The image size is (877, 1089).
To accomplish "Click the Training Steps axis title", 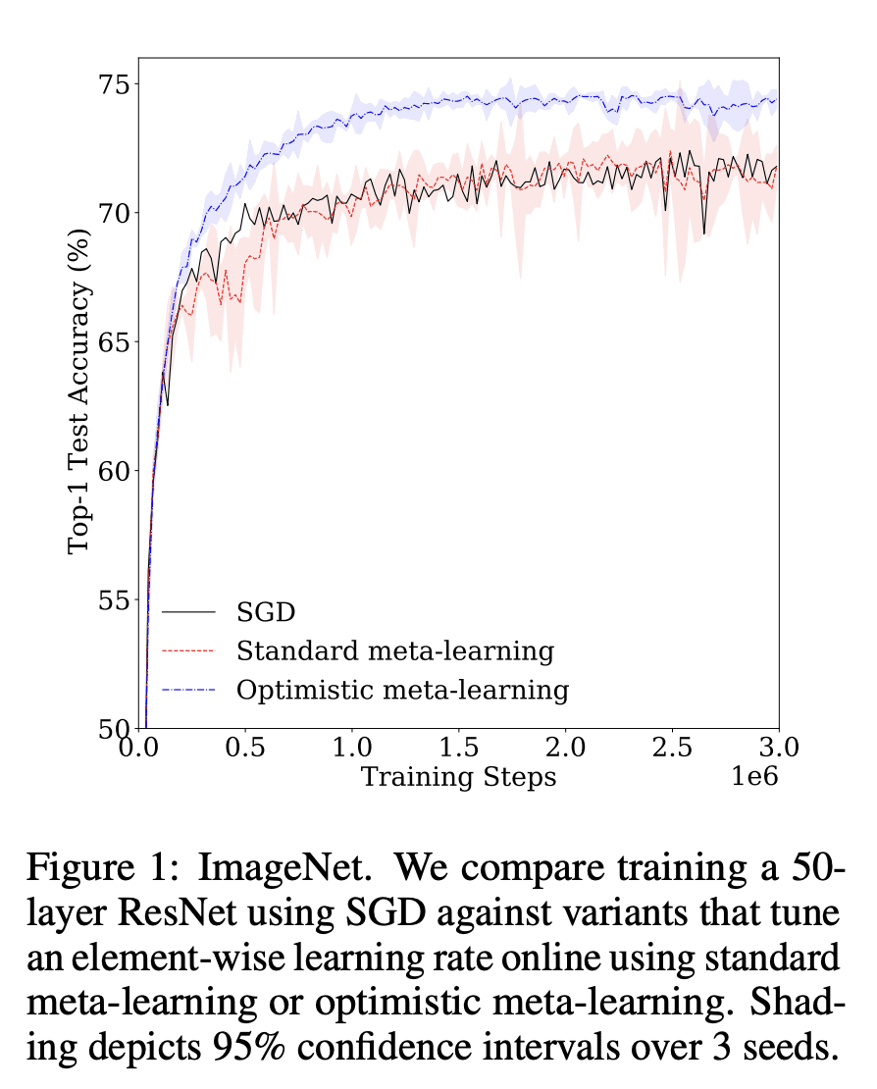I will coord(458,778).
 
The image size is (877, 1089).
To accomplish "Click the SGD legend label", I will coord(266,613).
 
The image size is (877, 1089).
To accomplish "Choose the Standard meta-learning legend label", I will coord(395,650).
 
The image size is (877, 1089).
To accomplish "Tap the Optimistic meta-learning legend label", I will coord(402,690).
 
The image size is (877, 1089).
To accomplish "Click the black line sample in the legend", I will coord(188,613).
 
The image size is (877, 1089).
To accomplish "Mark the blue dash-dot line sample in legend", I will coord(188,690).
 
